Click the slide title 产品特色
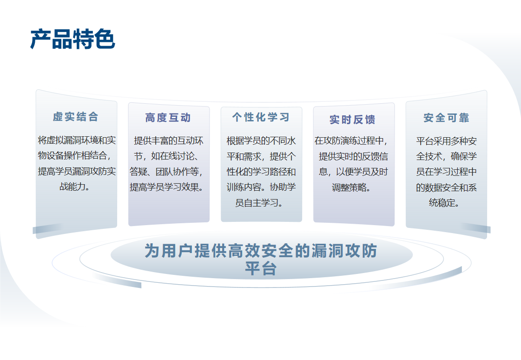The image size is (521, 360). (73, 39)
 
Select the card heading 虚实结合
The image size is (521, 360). (75, 117)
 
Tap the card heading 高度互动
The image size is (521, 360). (168, 118)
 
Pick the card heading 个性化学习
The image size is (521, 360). (261, 117)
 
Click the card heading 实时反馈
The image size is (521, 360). (353, 120)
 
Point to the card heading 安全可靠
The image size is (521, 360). (446, 118)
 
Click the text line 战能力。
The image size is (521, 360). (75, 187)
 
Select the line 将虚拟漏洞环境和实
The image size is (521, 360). (77, 140)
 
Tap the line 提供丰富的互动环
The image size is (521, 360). (168, 140)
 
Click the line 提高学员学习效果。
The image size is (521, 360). (167, 187)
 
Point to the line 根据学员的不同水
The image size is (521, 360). (261, 140)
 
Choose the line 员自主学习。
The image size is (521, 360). (259, 203)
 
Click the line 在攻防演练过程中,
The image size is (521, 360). (351, 140)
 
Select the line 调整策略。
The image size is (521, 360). (351, 187)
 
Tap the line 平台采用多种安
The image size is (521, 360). (446, 141)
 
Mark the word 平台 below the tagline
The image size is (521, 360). (261, 268)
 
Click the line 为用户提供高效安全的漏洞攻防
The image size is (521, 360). (261, 251)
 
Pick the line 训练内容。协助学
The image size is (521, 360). (261, 187)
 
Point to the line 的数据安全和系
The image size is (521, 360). (446, 187)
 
